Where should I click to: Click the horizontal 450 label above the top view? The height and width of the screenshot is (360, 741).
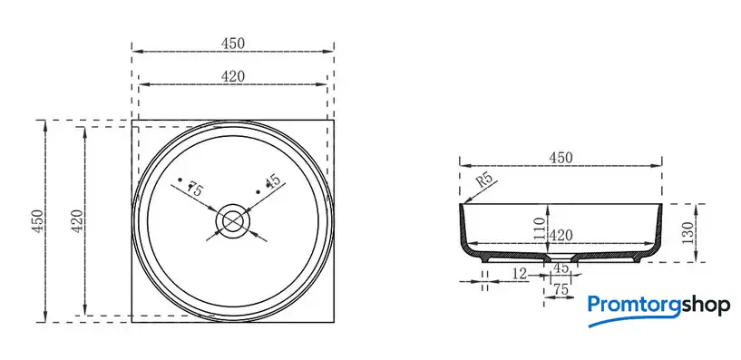(x=233, y=44)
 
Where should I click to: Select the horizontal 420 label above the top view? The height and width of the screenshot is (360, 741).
(x=233, y=76)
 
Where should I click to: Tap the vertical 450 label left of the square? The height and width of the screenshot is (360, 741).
(x=38, y=220)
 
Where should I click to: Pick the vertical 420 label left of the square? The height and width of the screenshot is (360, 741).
(x=77, y=220)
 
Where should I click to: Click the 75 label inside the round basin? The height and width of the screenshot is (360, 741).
(x=195, y=189)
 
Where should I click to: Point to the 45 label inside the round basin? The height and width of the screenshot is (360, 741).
(x=273, y=181)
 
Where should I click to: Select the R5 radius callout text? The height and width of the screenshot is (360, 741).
(x=483, y=181)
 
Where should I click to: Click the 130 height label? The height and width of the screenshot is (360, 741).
(x=688, y=232)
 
